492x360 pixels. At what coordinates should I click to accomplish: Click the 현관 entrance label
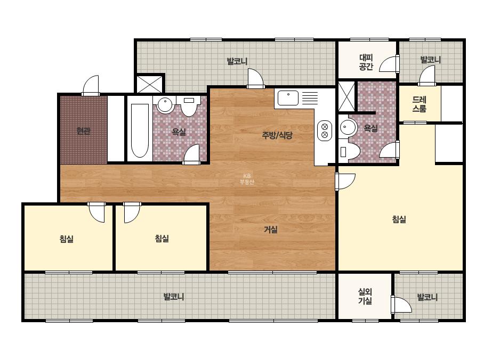(x=83, y=131)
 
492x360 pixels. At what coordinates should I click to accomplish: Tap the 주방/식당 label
(x=277, y=135)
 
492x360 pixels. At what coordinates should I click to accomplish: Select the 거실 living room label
(x=270, y=230)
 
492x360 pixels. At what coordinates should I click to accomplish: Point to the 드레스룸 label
(x=419, y=104)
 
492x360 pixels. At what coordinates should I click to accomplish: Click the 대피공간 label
(x=366, y=62)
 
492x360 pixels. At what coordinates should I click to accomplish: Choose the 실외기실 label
(x=365, y=297)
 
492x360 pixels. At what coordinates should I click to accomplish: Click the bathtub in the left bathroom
(x=140, y=130)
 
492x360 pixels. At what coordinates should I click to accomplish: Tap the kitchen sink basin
(x=288, y=98)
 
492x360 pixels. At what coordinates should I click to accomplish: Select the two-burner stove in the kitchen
(x=325, y=131)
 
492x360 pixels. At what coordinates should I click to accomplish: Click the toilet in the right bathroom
(x=348, y=152)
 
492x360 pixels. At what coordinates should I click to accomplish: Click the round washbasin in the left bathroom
(x=165, y=105)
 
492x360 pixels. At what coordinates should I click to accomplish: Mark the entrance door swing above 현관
(x=91, y=85)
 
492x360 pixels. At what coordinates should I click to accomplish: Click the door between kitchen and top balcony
(x=255, y=79)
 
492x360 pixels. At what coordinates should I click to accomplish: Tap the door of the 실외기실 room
(x=401, y=304)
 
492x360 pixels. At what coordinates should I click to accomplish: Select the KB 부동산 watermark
(x=247, y=179)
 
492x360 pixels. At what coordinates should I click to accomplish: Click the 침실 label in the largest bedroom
(x=399, y=219)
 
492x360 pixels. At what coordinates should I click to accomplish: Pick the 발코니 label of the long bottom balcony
(x=174, y=297)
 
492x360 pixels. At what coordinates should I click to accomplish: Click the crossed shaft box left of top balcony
(x=150, y=84)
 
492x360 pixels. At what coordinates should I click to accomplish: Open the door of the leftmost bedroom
(x=96, y=212)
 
